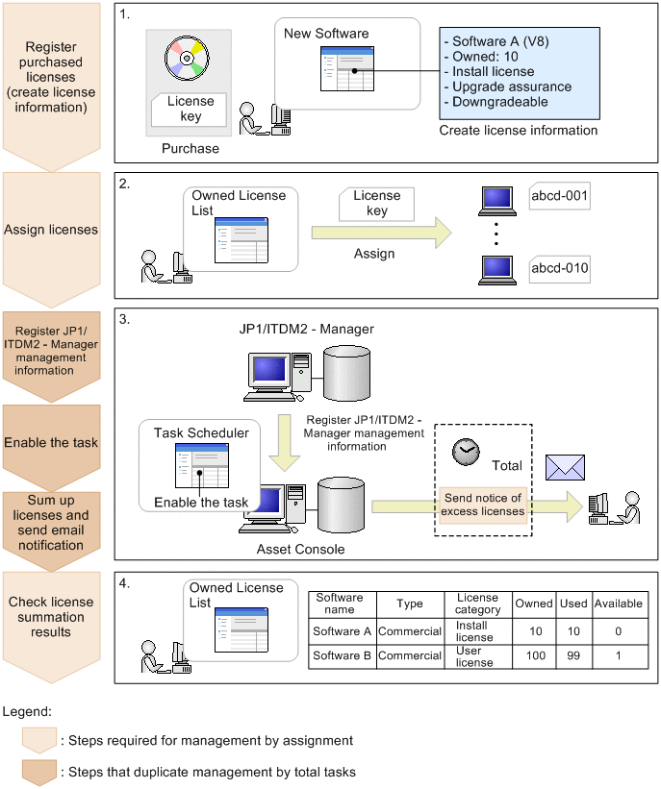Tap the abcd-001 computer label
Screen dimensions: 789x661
pos(559,199)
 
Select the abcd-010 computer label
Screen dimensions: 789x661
pos(559,268)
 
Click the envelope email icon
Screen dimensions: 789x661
pos(565,466)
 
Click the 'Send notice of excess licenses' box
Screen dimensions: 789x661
pos(482,505)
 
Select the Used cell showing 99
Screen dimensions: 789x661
pos(573,656)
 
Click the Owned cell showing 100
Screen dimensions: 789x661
pos(534,656)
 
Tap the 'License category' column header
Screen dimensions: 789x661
pos(478,604)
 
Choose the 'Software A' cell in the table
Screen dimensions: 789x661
pos(342,631)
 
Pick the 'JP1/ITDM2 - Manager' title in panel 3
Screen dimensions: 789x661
pos(307,330)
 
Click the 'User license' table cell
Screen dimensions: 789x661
pos(474,656)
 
